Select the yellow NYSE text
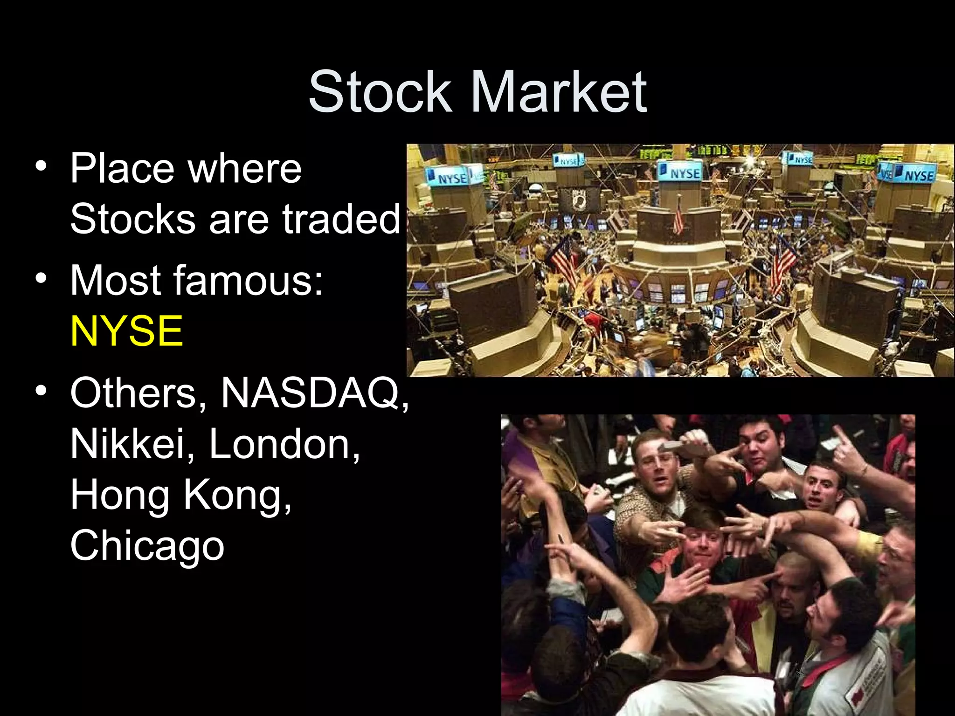click(x=126, y=330)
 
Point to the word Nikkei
click(x=127, y=444)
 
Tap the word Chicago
click(x=147, y=545)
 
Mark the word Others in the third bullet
click(x=133, y=393)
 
